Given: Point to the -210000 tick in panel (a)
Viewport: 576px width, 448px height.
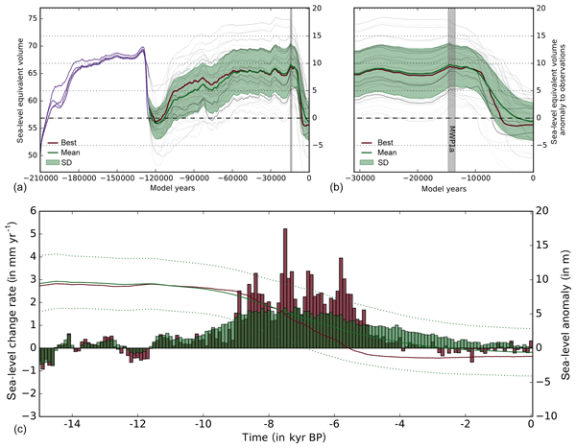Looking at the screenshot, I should [41, 178].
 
